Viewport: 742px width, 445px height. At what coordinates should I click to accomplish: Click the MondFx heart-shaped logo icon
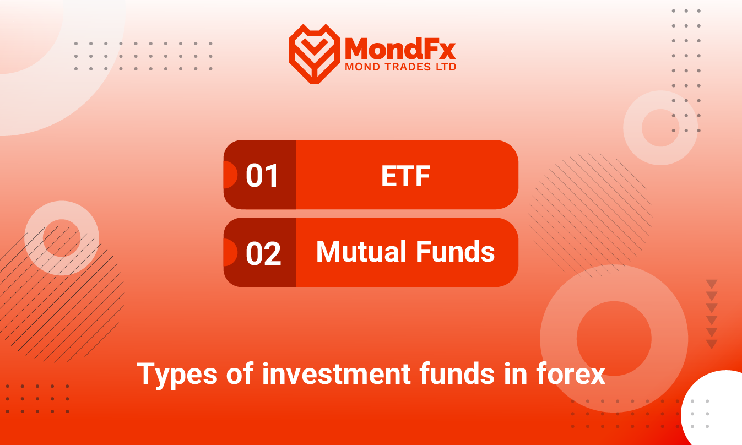[315, 53]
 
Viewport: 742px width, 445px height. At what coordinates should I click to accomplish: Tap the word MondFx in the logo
[400, 48]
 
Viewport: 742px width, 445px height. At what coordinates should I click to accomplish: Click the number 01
[262, 176]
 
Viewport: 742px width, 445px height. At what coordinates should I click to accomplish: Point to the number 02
[263, 253]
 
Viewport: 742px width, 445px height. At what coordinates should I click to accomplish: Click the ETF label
[406, 176]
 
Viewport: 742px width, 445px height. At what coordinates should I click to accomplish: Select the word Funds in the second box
[455, 251]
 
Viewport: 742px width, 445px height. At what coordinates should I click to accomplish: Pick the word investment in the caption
[337, 373]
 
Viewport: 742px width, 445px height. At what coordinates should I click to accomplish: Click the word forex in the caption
[571, 373]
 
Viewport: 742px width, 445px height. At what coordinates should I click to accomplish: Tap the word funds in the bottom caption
[457, 373]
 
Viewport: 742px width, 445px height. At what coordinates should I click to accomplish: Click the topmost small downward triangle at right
[712, 284]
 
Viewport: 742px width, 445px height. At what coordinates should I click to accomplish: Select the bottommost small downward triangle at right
[712, 344]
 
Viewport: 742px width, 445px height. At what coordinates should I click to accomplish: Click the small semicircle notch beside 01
[231, 175]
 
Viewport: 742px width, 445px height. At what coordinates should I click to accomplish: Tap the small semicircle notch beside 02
[231, 252]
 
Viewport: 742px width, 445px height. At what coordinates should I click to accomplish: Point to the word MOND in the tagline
[362, 67]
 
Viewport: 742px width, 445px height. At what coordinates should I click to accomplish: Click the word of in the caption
[240, 373]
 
